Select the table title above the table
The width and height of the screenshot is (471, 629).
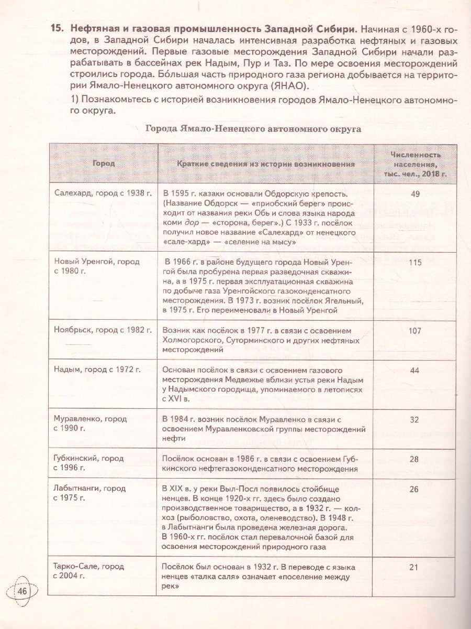pos(253,128)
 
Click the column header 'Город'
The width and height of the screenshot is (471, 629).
pos(103,164)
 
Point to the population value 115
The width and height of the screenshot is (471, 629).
pos(416,263)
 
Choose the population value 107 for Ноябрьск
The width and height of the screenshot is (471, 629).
pos(416,331)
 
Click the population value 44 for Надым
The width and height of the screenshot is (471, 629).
pos(416,370)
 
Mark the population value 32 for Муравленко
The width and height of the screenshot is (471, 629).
pos(416,419)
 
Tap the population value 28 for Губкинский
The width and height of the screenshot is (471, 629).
pos(416,459)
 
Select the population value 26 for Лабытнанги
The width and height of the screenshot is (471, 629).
pos(416,490)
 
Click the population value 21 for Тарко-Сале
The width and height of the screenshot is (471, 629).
pos(416,567)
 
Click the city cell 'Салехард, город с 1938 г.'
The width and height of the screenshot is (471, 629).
pos(103,193)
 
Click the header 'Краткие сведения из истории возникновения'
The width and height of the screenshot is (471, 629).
pos(266,164)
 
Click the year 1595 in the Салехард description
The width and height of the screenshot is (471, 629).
pos(181,193)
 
